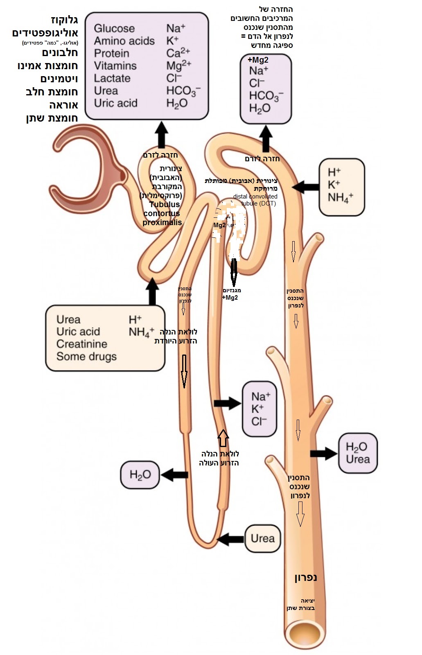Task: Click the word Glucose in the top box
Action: [114, 28]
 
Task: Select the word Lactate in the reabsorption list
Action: [112, 78]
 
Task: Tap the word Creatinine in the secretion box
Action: [81, 344]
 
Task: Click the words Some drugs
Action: [86, 357]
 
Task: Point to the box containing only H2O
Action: [140, 474]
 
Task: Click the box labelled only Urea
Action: [263, 538]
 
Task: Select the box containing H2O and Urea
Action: [357, 453]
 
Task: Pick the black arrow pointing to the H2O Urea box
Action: [323, 453]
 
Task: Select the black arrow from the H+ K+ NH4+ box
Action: [306, 187]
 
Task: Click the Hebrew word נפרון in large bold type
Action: [305, 578]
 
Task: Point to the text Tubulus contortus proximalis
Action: [162, 213]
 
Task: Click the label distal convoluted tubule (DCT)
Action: [255, 200]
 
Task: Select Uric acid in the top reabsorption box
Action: [115, 103]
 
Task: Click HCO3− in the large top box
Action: [183, 91]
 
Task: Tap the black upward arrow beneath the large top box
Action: [161, 135]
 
